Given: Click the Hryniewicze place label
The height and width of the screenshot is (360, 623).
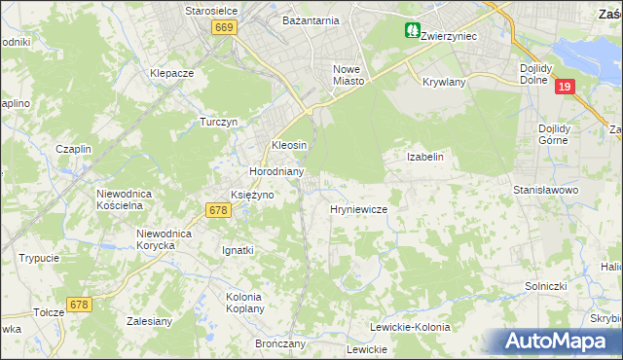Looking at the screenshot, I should point(359,209).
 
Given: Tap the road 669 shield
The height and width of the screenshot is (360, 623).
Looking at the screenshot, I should point(224,28).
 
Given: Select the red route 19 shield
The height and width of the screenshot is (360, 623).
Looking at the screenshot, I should point(566,88).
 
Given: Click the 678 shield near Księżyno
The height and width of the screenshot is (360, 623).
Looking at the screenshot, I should point(218,209).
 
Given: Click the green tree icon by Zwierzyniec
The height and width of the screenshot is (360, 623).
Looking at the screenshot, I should point(413,31).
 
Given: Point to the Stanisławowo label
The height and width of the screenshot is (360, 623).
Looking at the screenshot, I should point(546,190).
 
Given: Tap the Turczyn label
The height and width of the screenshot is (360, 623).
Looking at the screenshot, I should point(219,123).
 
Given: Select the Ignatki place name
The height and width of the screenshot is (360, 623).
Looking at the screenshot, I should point(238,250).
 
